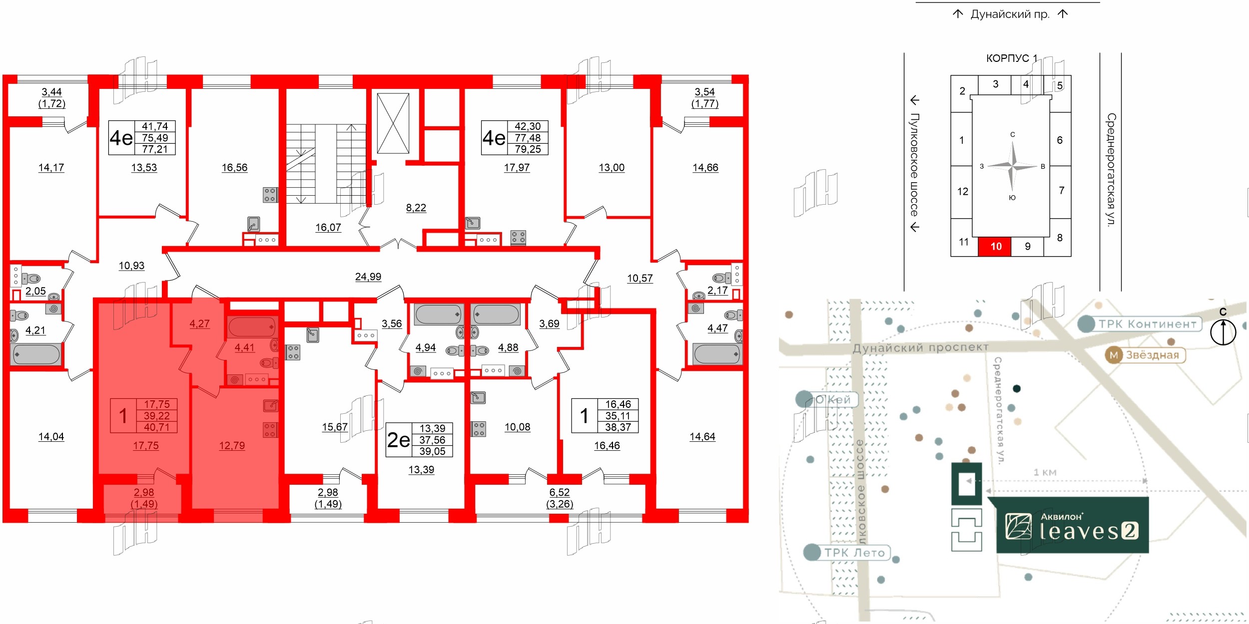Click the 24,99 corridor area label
pos(368,277)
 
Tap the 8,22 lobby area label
pos(416,208)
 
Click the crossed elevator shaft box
pos(393,123)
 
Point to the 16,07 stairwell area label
pos(328,228)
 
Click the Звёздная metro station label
pos(1145,355)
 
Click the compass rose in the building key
pos(1012,166)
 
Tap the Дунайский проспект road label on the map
pos(920,347)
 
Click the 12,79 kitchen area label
pos(232,446)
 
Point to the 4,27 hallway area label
pos(199,324)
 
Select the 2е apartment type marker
pos(398,440)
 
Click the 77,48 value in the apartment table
pos(528,138)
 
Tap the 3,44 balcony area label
pos(51,92)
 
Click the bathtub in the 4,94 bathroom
pos(438,314)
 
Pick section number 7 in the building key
pos(1061,190)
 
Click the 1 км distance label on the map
pos(1045,472)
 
